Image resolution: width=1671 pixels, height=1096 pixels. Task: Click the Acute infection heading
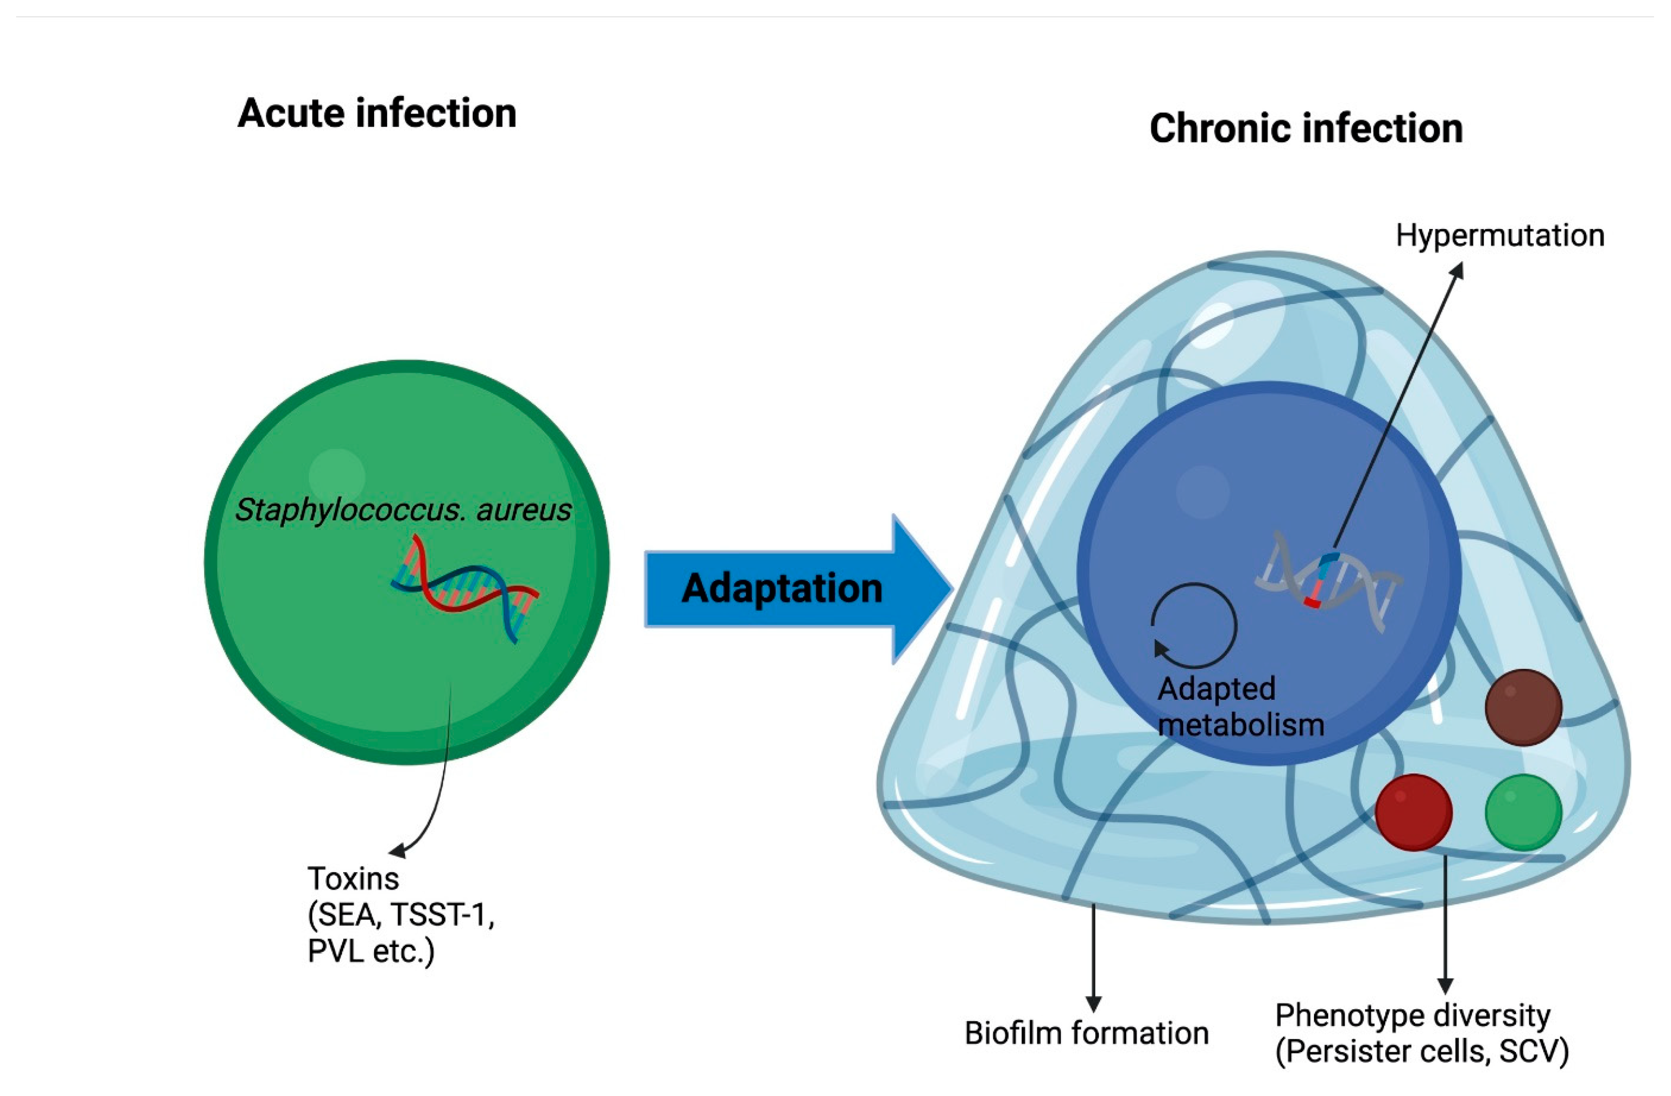pos(377,114)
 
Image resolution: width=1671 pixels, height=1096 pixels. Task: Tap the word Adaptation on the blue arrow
pos(781,588)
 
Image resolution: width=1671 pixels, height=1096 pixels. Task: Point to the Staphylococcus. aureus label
pos(403,510)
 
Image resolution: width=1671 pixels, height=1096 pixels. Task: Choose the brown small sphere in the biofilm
pos(1523,707)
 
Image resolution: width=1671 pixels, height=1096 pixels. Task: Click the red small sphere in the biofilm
pos(1413,813)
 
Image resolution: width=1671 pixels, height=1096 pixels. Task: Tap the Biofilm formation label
pos(1086,1033)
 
